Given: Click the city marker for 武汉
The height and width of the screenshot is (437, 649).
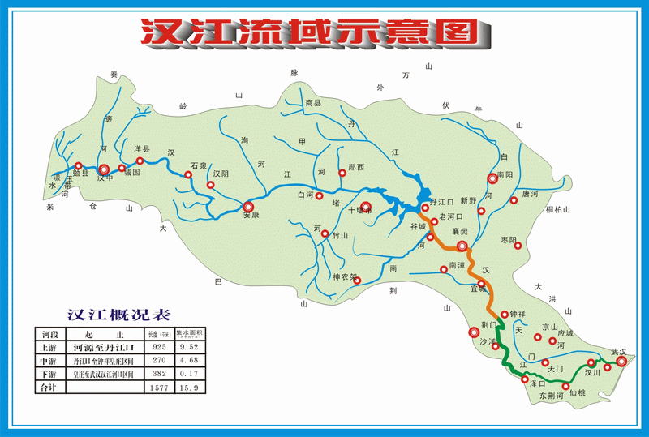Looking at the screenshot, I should point(622,362).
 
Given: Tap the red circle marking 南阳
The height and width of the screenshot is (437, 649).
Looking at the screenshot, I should point(492,179).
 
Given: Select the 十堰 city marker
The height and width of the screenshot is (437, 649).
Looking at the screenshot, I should point(366,207).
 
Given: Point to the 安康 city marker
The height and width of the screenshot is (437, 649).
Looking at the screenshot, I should point(249,206).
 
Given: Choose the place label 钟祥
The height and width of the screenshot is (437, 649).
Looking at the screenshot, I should point(518,314).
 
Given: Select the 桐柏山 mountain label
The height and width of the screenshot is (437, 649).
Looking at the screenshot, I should point(559,210).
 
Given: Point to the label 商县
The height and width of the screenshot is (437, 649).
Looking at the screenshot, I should point(314,103).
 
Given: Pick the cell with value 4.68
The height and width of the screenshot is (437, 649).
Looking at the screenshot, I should point(191,360).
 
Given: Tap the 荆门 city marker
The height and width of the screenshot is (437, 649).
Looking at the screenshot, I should point(474,332).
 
